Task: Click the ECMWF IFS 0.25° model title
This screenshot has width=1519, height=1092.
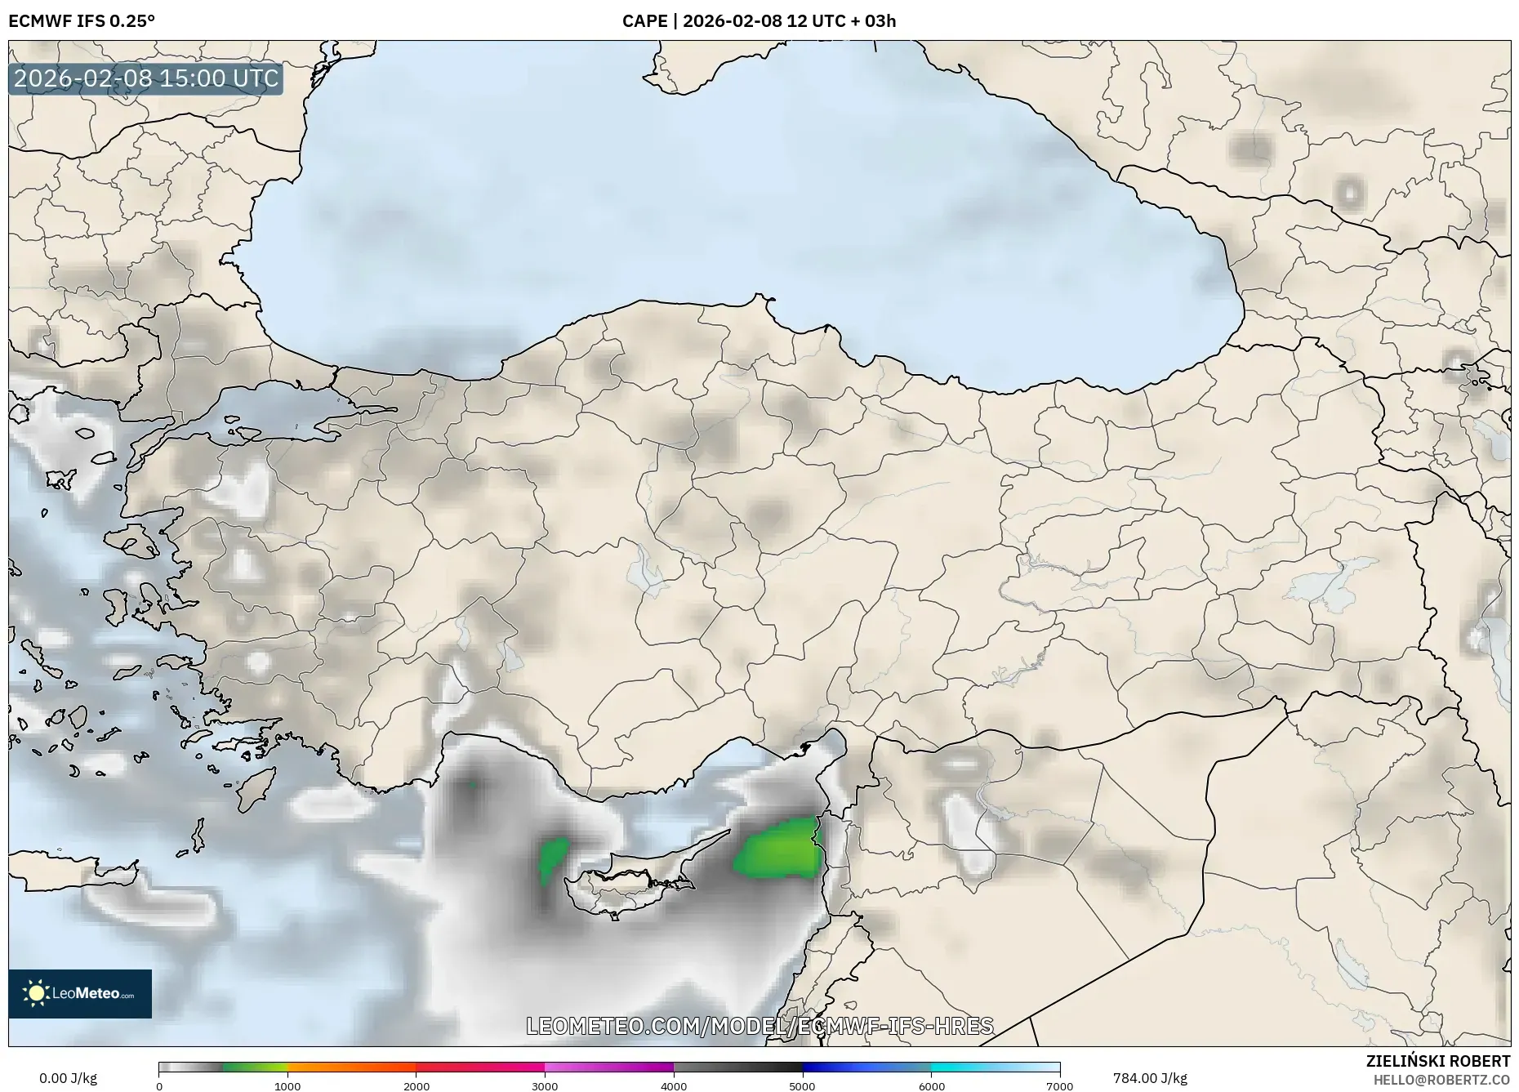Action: tap(82, 20)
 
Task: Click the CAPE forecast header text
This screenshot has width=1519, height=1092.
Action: tap(759, 20)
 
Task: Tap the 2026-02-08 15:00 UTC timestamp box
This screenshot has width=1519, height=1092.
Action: tap(146, 78)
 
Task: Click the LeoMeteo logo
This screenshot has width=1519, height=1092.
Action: tap(80, 993)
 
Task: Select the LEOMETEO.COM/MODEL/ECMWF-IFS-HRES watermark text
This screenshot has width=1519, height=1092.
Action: tap(759, 1026)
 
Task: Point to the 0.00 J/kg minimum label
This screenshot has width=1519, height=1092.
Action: tap(68, 1078)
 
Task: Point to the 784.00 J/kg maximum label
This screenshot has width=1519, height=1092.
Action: tap(1150, 1078)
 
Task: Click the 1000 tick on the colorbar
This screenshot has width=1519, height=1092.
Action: tap(287, 1085)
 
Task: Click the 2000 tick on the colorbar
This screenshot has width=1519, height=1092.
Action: tap(416, 1085)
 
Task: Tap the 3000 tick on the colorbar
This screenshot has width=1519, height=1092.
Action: tap(545, 1085)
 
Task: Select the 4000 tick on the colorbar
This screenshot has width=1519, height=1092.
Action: tap(674, 1085)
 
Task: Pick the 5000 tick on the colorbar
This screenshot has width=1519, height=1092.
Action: tap(802, 1085)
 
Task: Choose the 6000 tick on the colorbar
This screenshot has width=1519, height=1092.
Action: tap(931, 1085)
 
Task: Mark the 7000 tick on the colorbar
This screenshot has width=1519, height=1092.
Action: tap(1059, 1085)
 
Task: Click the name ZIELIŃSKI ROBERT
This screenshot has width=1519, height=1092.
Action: tap(1437, 1061)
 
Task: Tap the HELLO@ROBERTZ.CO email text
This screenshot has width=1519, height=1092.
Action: tap(1441, 1080)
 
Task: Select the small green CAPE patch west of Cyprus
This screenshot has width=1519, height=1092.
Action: tap(553, 858)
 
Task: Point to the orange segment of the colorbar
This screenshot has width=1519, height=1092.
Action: tap(351, 1067)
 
